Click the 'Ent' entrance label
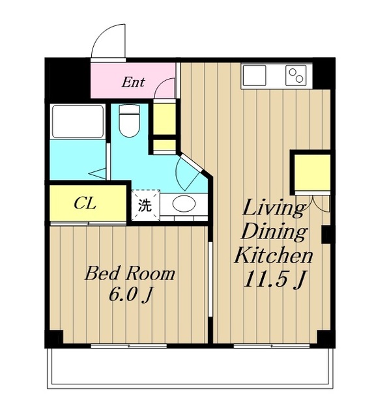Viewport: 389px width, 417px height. pyautogui.click(x=133, y=82)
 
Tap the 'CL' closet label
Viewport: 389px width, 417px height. pyautogui.click(x=85, y=204)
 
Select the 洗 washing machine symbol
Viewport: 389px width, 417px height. pyautogui.click(x=145, y=205)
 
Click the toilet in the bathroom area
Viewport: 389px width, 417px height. pyautogui.click(x=129, y=121)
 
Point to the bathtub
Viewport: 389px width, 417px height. pyautogui.click(x=78, y=121)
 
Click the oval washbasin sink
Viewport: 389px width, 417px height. pyautogui.click(x=184, y=204)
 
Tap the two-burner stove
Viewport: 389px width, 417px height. pyautogui.click(x=296, y=76)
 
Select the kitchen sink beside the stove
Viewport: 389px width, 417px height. pyautogui.click(x=255, y=76)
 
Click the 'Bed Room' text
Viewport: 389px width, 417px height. pyautogui.click(x=130, y=274)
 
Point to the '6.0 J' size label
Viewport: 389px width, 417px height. pyautogui.click(x=130, y=295)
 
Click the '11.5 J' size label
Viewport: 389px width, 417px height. pyautogui.click(x=274, y=280)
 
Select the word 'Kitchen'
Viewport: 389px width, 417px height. pyautogui.click(x=273, y=255)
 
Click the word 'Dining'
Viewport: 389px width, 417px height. pyautogui.click(x=274, y=232)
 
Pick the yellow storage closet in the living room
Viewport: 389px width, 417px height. pyautogui.click(x=312, y=173)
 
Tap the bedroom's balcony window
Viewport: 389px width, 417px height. pyautogui.click(x=129, y=346)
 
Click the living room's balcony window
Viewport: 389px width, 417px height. pyautogui.click(x=272, y=346)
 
